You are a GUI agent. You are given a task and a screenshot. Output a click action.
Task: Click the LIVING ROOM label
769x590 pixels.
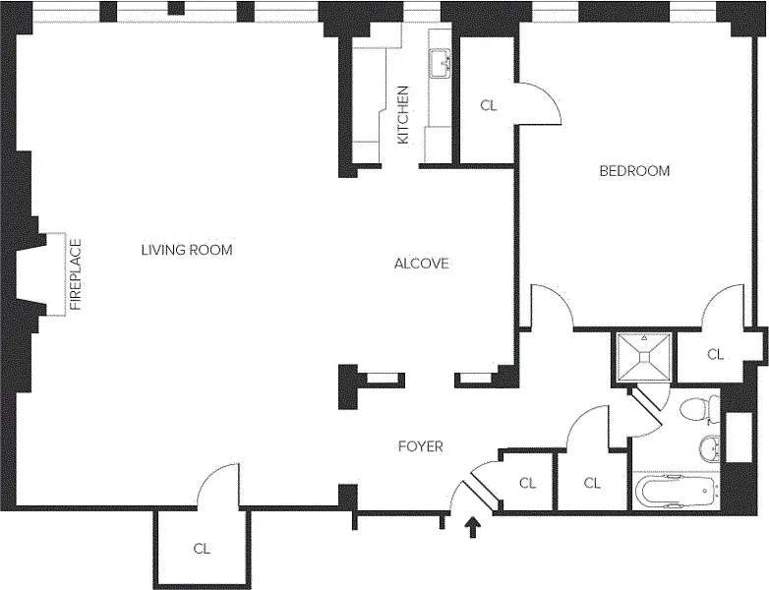(187, 250)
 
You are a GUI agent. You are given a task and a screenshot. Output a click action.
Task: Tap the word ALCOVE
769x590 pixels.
(422, 264)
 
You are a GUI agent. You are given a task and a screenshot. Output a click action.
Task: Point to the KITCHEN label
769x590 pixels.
(402, 115)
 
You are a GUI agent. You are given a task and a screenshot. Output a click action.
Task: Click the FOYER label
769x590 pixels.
(421, 446)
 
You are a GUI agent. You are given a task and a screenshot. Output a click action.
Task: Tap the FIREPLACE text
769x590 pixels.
(76, 274)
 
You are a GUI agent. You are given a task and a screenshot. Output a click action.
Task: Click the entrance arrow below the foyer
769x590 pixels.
(473, 527)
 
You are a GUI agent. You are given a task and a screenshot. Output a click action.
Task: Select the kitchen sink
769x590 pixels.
(441, 63)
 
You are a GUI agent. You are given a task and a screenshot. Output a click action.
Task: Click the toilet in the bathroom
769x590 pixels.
(700, 409)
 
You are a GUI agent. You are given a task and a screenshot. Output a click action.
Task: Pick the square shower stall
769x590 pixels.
(644, 357)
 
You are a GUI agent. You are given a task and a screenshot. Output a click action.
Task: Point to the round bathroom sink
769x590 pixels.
(709, 448)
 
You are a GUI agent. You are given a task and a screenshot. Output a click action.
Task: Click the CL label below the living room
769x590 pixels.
(202, 549)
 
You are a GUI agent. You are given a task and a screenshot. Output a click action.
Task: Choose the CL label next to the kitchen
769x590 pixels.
(489, 105)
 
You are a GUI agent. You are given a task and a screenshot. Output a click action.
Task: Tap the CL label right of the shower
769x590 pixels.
(716, 354)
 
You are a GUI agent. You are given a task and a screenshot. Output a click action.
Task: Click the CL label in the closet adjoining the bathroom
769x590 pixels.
(592, 483)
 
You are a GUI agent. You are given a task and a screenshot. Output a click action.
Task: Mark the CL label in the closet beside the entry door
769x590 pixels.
(528, 483)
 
